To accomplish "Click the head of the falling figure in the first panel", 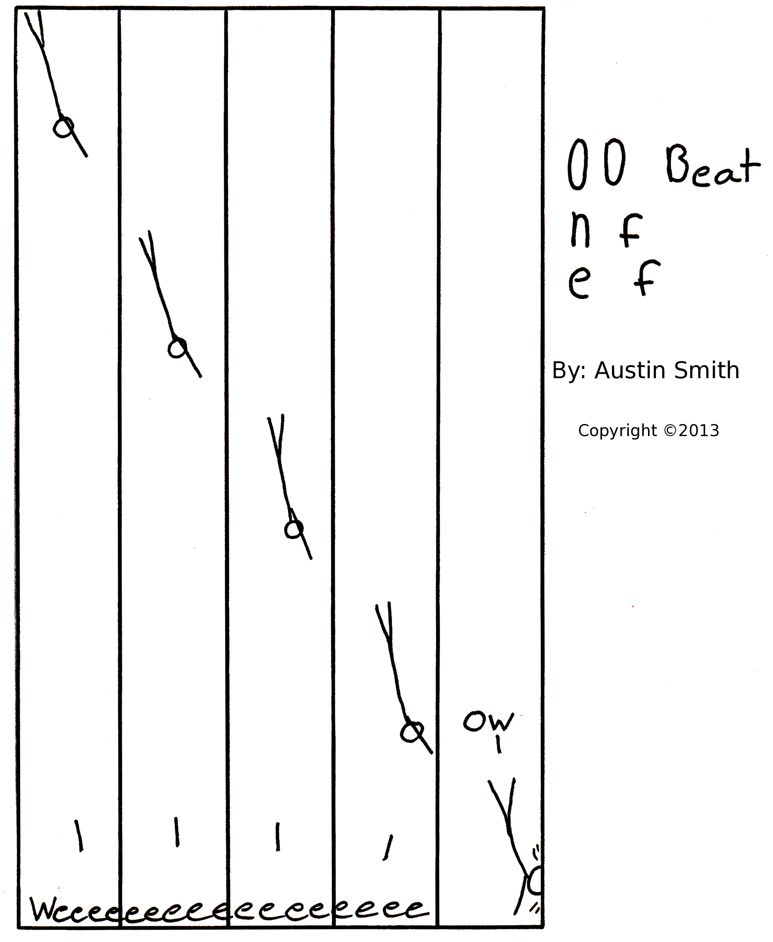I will coord(64,128).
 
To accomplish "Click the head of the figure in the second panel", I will coord(177,348).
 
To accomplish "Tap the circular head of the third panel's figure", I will coord(294,530).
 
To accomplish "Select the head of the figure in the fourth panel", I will coord(411,732).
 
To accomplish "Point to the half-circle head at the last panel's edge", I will coord(536,881).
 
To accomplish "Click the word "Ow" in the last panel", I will coord(488,721).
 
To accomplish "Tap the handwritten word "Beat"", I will coord(713,166).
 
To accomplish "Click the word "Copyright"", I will coord(617,431).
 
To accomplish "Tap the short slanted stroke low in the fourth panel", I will coord(388,848).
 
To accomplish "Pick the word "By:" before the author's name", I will coord(569,371).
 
